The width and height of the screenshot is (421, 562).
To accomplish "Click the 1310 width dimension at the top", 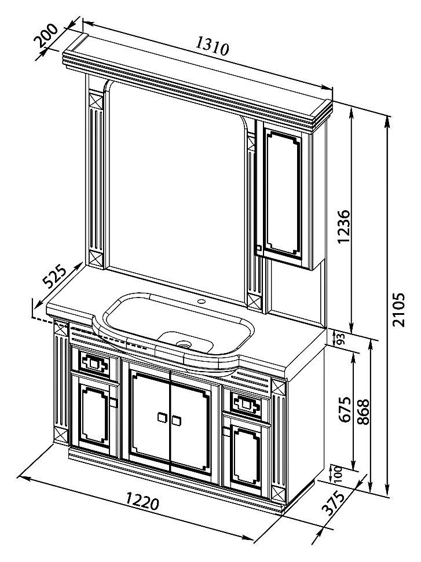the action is (213, 47).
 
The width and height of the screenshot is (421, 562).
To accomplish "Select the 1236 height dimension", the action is (343, 226).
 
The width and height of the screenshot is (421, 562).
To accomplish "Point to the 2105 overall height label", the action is (398, 310).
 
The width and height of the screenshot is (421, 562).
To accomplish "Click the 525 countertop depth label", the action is (54, 276).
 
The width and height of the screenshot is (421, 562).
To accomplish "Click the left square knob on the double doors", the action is (162, 417).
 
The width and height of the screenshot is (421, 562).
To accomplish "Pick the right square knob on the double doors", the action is (176, 421).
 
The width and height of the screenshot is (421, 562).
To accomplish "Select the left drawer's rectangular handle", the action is (94, 365).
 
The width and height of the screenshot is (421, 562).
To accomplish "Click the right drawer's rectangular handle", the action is (247, 405).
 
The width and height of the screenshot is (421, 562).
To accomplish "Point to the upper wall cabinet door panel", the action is (284, 195).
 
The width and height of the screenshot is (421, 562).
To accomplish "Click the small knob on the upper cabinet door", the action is (258, 248).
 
